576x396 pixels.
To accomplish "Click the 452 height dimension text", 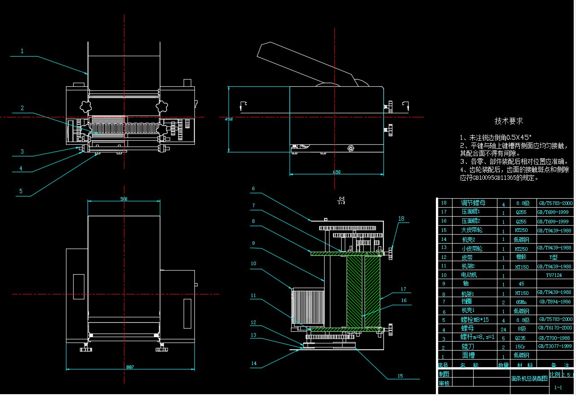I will [229, 119].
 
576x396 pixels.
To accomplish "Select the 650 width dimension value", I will [337, 172].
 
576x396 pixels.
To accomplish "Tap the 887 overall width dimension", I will [130, 367].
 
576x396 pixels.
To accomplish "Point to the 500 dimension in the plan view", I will [124, 199].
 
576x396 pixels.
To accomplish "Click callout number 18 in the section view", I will [401, 218].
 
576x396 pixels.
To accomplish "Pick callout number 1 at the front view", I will [22, 51].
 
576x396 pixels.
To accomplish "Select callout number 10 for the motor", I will [253, 263].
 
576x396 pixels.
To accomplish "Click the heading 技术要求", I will [509, 121].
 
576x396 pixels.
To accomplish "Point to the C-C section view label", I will [342, 200].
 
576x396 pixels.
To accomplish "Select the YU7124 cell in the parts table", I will [554, 275].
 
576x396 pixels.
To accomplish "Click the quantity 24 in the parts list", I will [503, 329].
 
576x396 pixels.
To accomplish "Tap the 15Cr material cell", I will [520, 347].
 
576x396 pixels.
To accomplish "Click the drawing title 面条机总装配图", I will [529, 378].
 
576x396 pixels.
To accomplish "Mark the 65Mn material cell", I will [520, 302].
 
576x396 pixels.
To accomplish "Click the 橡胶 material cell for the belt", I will [520, 257].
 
